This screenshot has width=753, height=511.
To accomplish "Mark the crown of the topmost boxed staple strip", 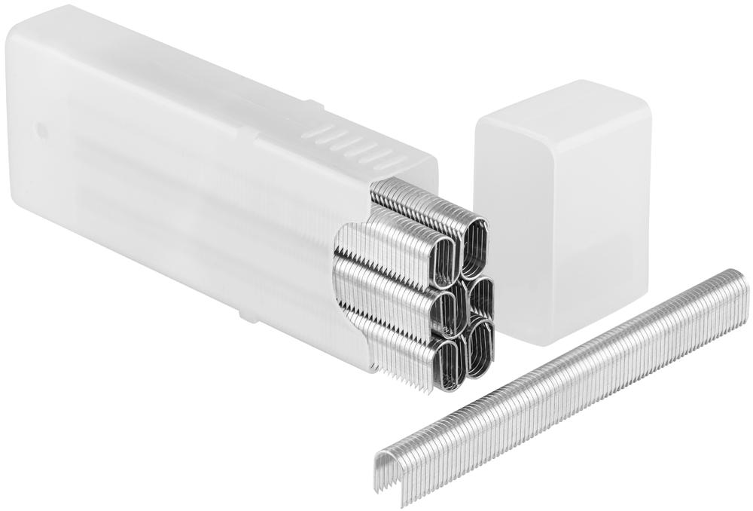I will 422,197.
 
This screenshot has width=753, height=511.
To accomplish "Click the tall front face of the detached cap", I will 561,241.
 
